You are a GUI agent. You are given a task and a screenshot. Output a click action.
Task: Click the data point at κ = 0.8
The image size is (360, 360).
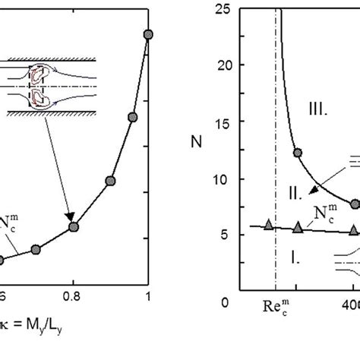click(74, 226)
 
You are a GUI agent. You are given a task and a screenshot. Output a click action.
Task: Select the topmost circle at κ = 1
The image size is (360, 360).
click(148, 34)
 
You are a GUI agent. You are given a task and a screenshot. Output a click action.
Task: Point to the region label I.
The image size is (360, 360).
click(297, 258)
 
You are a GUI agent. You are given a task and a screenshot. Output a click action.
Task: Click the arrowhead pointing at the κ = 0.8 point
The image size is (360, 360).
click(71, 219)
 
